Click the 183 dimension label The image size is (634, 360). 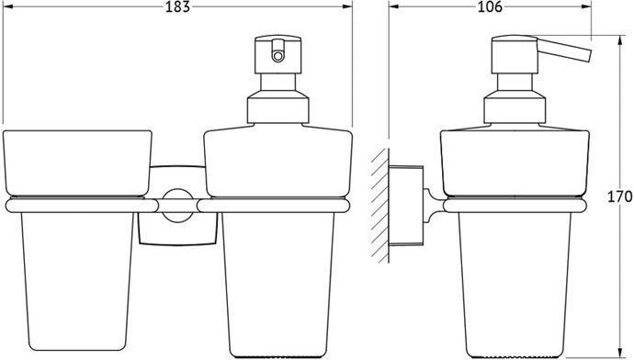tap(177, 6)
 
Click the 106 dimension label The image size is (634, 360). tap(490, 6)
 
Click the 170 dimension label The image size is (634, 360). tap(619, 197)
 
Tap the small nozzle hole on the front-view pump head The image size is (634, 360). tap(277, 56)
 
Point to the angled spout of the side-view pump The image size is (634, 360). tap(563, 50)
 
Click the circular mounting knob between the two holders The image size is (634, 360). tap(177, 205)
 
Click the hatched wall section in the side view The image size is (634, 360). tap(379, 205)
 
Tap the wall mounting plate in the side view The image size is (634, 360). tap(406, 205)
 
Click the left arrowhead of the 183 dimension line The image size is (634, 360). tap(7, 6)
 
